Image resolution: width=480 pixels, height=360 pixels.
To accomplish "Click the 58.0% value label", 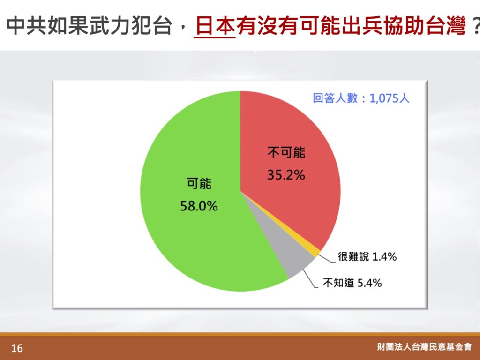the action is tap(199, 206).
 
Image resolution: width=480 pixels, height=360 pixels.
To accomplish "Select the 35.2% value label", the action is tap(286, 175).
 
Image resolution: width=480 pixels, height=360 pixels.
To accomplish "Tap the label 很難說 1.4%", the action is tap(367, 256).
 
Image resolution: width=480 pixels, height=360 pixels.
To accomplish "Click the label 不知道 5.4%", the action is tap(352, 283).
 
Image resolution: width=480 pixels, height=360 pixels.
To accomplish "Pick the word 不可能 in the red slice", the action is tap(286, 152).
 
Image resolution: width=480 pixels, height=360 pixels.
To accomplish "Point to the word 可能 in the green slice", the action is tap(199, 184).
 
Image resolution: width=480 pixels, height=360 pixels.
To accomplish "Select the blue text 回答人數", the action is tap(335, 98).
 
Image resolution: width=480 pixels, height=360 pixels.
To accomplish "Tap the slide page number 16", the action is tap(17, 348).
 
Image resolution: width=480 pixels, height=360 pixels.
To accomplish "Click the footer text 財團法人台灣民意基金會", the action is tap(425, 347).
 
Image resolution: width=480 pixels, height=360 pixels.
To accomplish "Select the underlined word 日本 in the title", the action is tap(215, 26).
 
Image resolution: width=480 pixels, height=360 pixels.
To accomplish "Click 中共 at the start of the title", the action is tap(26, 26).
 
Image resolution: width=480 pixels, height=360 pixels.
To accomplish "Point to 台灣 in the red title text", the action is tap(445, 26).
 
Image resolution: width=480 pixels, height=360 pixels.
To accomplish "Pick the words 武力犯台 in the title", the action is tap(131, 26).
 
